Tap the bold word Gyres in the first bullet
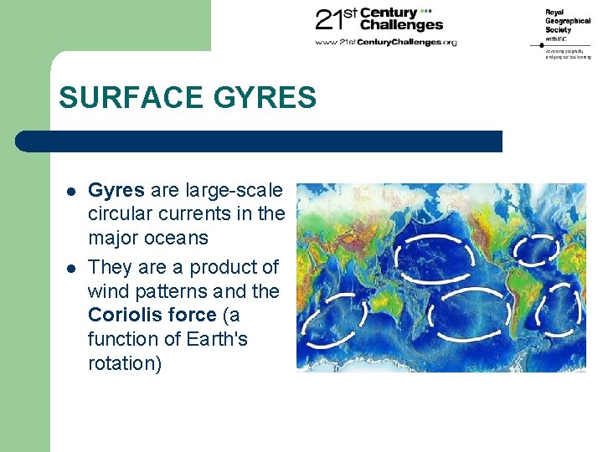[x=116, y=190]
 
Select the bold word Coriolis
[x=121, y=316]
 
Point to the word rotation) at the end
[x=125, y=364]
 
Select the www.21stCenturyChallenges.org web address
[x=385, y=42]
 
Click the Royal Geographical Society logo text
[x=567, y=25]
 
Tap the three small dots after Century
[x=425, y=12]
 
